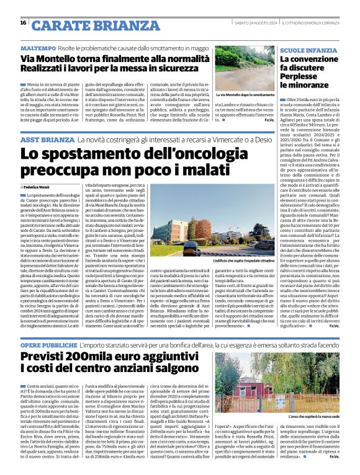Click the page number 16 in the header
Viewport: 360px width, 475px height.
[x=23, y=23]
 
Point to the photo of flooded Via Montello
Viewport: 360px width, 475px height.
[x=245, y=68]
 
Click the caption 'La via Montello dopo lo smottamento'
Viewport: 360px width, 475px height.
[x=245, y=95]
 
